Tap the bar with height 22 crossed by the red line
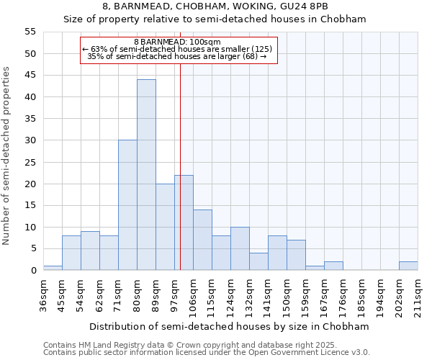(184, 222)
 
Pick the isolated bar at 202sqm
(408, 266)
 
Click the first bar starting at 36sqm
(53, 268)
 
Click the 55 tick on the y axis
(30, 32)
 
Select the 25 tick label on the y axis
(30, 162)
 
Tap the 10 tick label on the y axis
(30, 227)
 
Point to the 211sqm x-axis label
(418, 294)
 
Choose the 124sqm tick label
(231, 294)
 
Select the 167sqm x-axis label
(325, 294)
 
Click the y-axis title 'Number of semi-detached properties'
(7, 156)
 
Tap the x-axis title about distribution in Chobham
(230, 326)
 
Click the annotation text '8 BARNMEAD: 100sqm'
(177, 42)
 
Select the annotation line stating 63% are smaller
(177, 49)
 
